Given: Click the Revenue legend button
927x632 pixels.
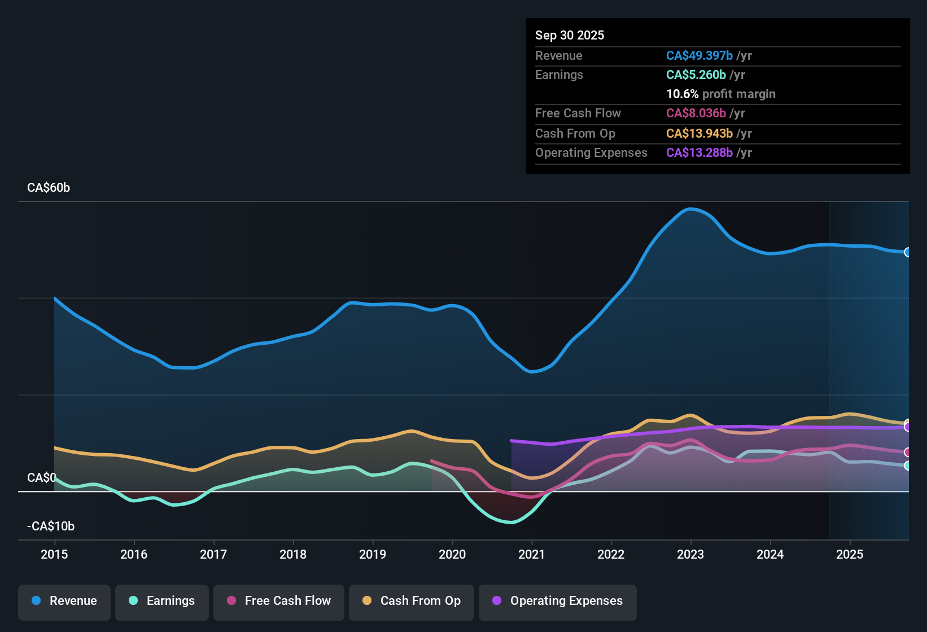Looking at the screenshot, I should pos(64,601).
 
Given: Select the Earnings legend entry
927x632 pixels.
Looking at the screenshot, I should pos(162,601).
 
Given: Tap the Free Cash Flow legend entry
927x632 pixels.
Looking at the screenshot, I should pos(279,601).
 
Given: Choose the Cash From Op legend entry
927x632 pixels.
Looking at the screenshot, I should pos(412,601).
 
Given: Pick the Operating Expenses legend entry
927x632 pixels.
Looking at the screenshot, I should pos(558,601).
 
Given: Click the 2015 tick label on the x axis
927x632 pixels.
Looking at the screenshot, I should pos(54,554).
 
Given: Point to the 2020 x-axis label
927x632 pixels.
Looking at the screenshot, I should pos(452,554).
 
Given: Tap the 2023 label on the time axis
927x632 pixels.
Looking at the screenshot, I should pos(690,554).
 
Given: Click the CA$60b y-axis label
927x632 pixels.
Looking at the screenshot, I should pos(49,188).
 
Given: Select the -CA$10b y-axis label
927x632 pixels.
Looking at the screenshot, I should pos(51,526).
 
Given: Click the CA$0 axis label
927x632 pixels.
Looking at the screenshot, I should pos(41,478).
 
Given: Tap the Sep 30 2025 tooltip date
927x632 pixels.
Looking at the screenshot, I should pos(570,36).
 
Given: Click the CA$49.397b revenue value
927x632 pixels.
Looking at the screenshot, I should pos(699,56).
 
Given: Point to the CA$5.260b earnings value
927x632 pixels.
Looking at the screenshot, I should pos(696,75).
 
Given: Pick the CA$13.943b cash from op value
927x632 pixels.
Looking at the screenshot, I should pos(699,134).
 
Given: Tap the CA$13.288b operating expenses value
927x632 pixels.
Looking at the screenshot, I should pos(699,153).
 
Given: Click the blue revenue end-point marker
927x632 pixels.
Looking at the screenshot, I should pos(907,252).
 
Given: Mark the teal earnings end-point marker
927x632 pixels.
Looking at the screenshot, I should pos(907,466).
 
